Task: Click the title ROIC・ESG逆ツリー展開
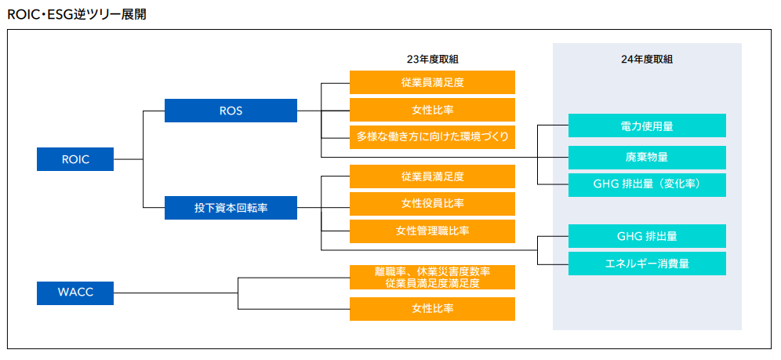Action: coord(77,14)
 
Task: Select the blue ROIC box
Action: coord(75,159)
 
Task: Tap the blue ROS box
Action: coord(231,111)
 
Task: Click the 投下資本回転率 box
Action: coord(231,208)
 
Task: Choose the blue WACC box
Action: coord(75,293)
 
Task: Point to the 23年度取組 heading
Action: coord(432,60)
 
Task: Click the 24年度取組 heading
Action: coord(647,60)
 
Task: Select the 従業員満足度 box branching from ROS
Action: coord(432,82)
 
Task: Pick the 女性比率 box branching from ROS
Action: coord(432,110)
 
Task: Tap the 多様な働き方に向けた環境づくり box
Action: coord(432,137)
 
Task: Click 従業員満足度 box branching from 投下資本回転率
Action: coord(432,176)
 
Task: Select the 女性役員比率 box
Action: coord(432,204)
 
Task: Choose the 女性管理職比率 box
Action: coord(432,231)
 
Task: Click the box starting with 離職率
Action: coord(432,278)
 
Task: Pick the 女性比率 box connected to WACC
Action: coord(432,309)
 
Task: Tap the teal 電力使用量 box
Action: coord(647,125)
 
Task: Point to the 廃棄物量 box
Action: coord(647,158)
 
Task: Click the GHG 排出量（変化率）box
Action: coord(647,185)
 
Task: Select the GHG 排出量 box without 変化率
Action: coord(647,236)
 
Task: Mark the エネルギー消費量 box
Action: coord(647,264)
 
